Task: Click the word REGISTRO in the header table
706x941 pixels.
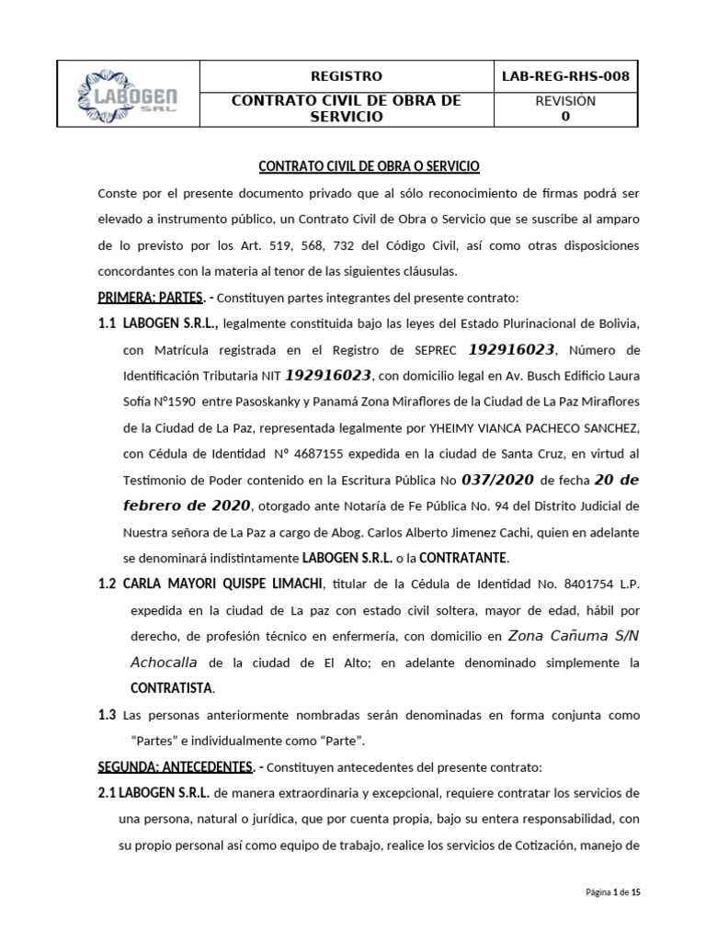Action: pyautogui.click(x=347, y=76)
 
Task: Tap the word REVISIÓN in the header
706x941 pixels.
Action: pyautogui.click(x=565, y=101)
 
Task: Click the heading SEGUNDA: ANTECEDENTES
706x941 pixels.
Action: pyautogui.click(x=175, y=765)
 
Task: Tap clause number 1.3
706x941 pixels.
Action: pyautogui.click(x=108, y=714)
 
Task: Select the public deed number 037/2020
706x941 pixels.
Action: pyautogui.click(x=499, y=479)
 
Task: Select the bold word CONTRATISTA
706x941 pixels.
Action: pyautogui.click(x=169, y=687)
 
